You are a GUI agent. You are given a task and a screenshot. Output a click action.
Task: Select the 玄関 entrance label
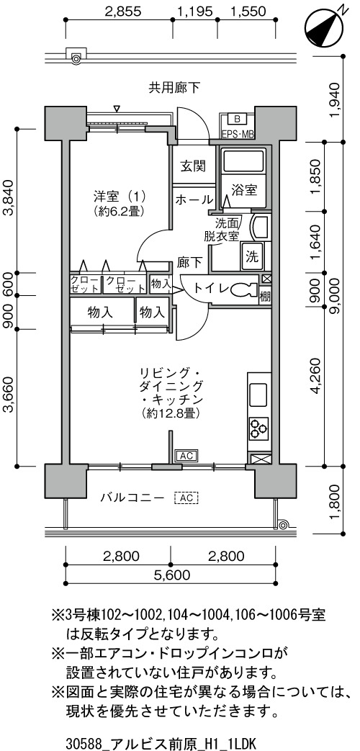(193, 166)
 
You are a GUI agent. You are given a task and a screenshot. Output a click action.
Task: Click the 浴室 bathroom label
(244, 189)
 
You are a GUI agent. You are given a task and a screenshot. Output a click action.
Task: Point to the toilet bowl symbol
(244, 289)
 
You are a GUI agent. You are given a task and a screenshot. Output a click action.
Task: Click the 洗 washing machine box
(252, 256)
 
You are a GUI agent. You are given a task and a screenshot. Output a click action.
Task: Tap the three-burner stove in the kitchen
(258, 428)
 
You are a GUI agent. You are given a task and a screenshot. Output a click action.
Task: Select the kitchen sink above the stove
(258, 393)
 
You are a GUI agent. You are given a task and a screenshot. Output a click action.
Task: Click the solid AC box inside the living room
(186, 456)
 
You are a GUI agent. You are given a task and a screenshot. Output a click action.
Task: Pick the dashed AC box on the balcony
(186, 498)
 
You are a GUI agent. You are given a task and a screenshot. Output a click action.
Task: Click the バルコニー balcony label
(133, 498)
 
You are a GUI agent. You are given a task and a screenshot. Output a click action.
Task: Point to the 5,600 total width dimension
(171, 575)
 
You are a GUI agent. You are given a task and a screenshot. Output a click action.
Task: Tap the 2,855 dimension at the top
(124, 12)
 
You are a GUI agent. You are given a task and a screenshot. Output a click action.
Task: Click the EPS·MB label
(237, 135)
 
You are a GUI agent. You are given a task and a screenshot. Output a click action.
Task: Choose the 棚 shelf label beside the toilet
(265, 296)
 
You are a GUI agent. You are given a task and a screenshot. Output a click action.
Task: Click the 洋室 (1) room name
(120, 196)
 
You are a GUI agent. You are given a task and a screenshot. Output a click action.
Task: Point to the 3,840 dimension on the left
(10, 201)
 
